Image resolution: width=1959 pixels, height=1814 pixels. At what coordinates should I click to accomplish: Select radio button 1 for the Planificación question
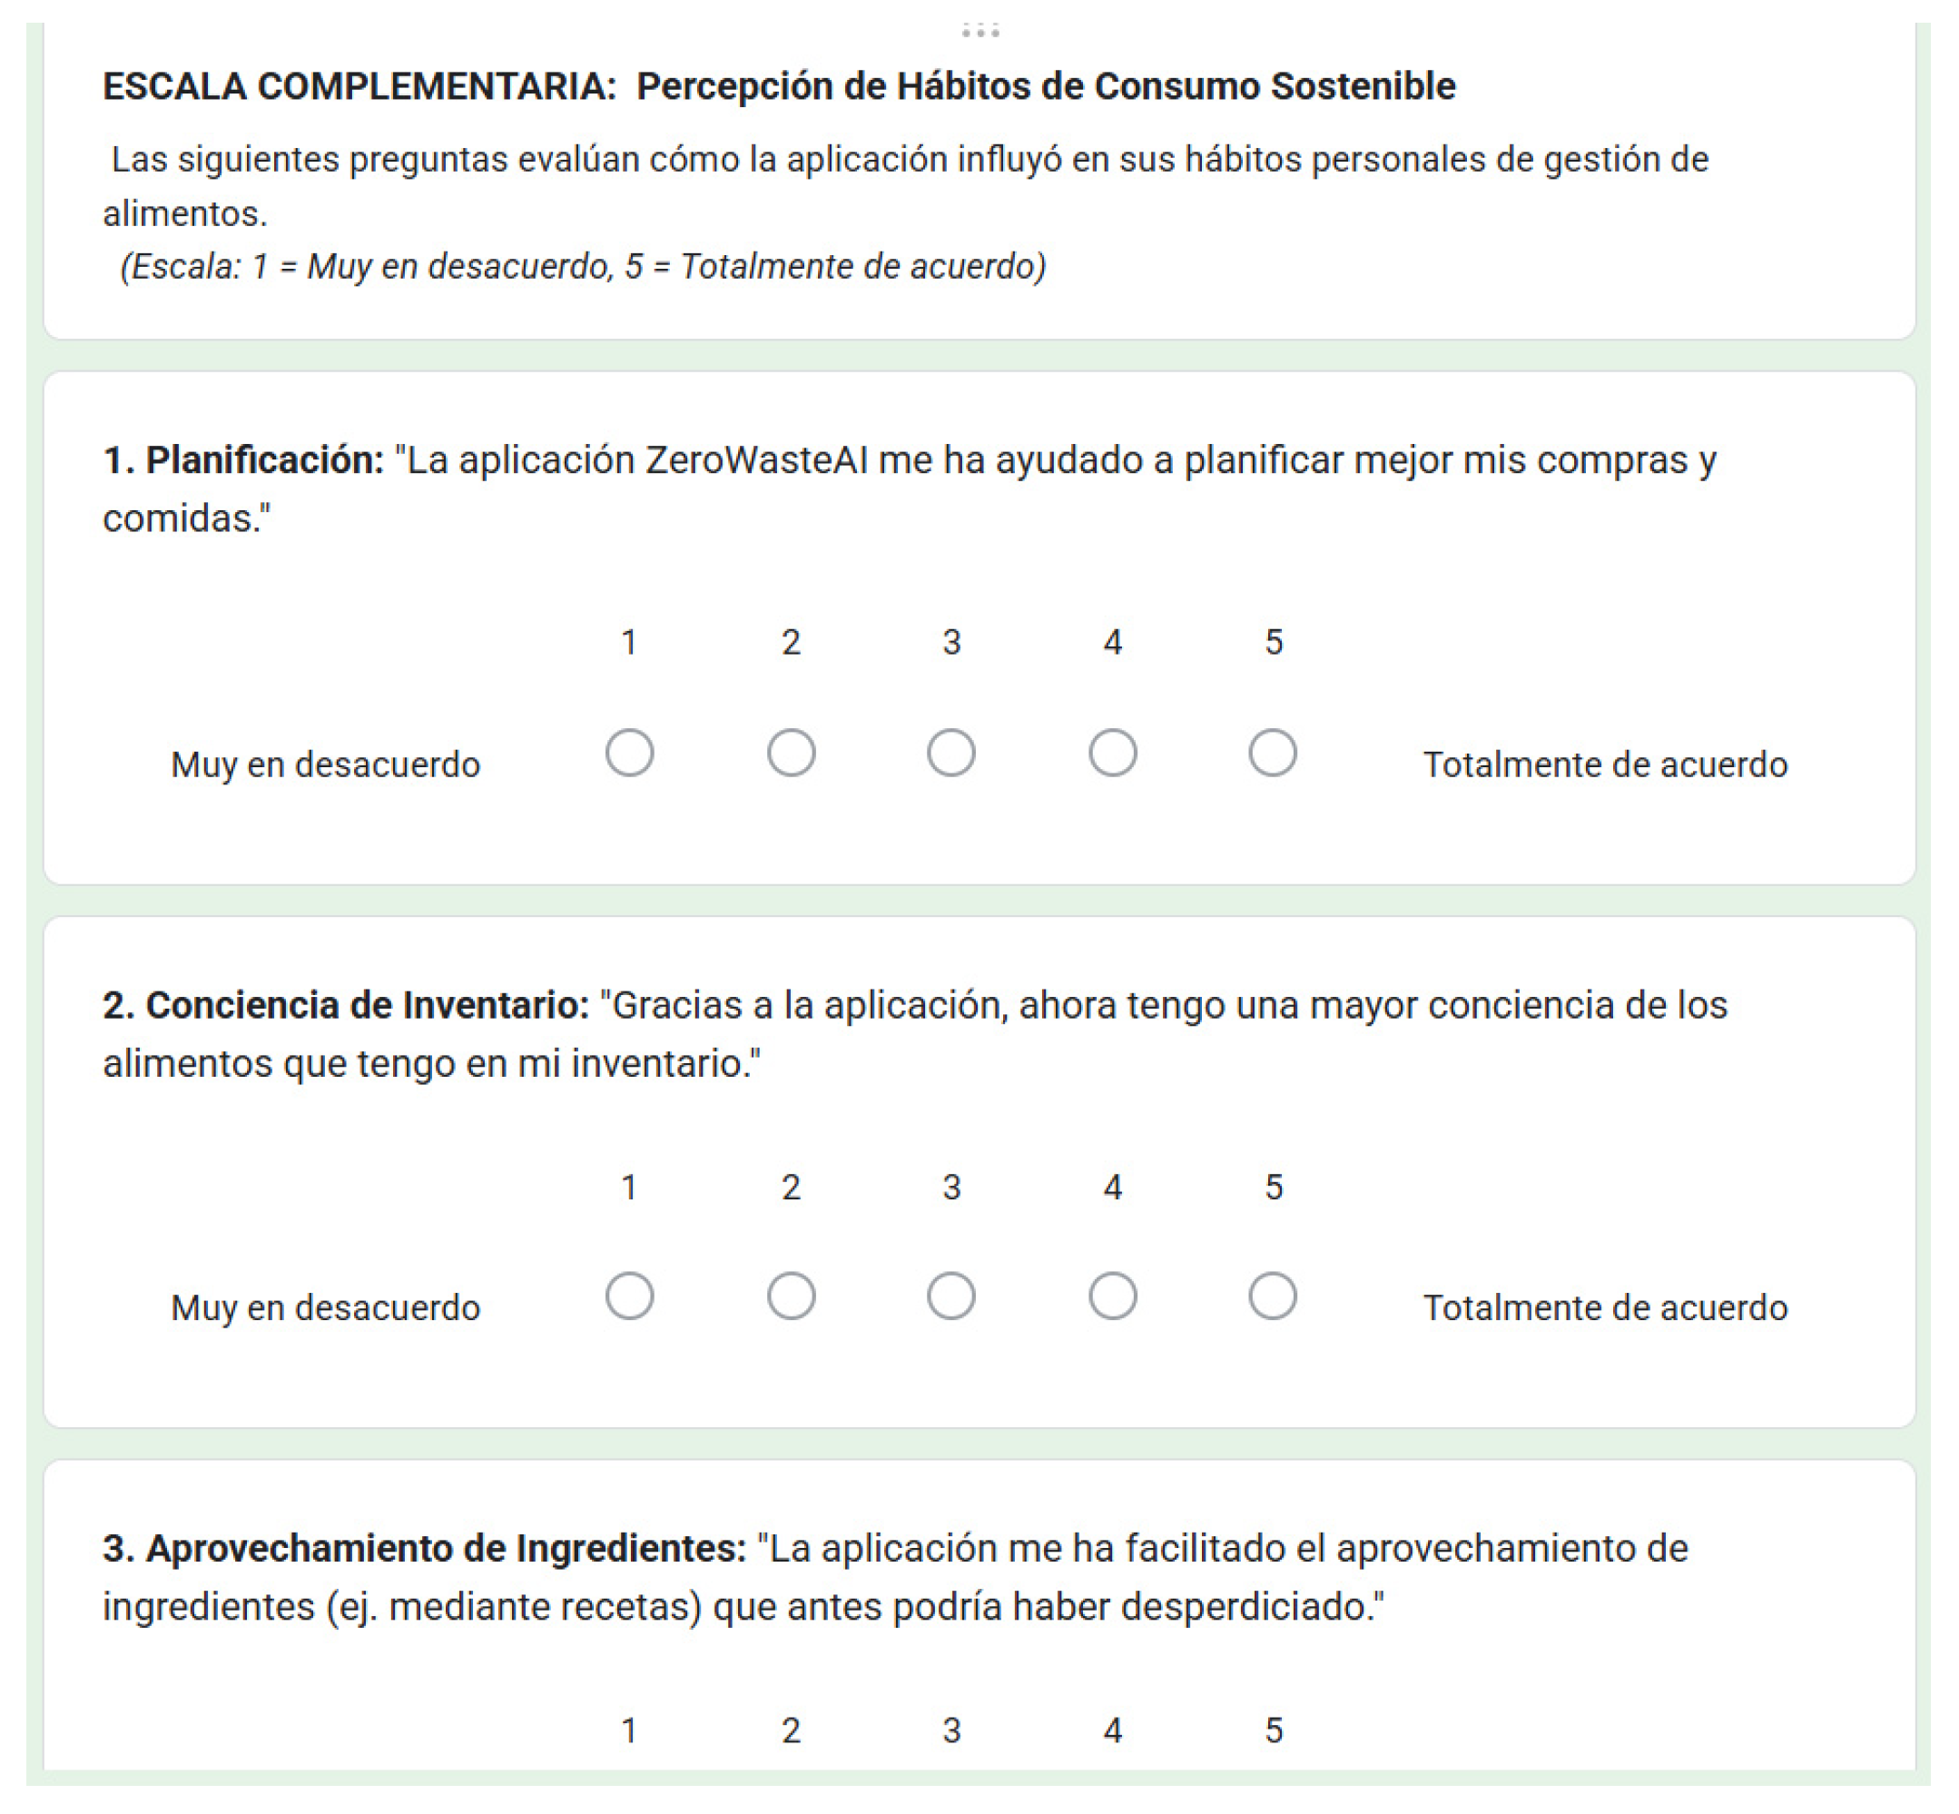click(629, 753)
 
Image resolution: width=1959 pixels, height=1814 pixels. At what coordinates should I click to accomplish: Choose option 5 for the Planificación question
click(1272, 753)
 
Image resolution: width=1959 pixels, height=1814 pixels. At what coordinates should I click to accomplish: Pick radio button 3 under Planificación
click(951, 753)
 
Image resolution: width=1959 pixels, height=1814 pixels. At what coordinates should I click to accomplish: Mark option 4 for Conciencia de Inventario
click(1112, 1296)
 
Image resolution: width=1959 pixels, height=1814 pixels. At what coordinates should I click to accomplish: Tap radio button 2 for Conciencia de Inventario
click(791, 1296)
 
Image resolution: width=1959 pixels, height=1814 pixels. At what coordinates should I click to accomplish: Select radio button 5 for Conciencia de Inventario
click(1272, 1296)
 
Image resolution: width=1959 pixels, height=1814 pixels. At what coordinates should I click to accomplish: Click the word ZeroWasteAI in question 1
click(755, 460)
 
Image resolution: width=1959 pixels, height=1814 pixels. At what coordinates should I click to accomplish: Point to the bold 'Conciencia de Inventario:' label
click(346, 1005)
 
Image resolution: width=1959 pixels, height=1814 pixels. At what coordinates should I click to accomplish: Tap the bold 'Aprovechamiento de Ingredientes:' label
click(424, 1548)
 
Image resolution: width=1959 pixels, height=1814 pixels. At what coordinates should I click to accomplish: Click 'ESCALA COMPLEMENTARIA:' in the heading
click(359, 86)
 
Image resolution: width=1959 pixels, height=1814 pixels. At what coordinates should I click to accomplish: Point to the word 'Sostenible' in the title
click(1363, 86)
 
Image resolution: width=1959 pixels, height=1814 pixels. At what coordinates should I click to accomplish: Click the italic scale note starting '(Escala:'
click(583, 266)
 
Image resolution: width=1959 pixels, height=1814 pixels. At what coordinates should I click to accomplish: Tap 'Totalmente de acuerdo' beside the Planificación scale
click(1605, 764)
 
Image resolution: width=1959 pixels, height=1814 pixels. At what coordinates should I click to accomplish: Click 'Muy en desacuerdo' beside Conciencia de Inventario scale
click(325, 1307)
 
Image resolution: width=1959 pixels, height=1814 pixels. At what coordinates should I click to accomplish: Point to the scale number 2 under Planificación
click(791, 642)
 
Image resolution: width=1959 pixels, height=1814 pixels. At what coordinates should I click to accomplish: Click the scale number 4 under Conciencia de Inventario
click(1112, 1187)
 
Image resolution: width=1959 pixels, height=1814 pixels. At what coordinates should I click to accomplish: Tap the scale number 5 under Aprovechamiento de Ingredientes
click(1273, 1730)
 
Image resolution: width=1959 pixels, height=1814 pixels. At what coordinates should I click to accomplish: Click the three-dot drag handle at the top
click(979, 31)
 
